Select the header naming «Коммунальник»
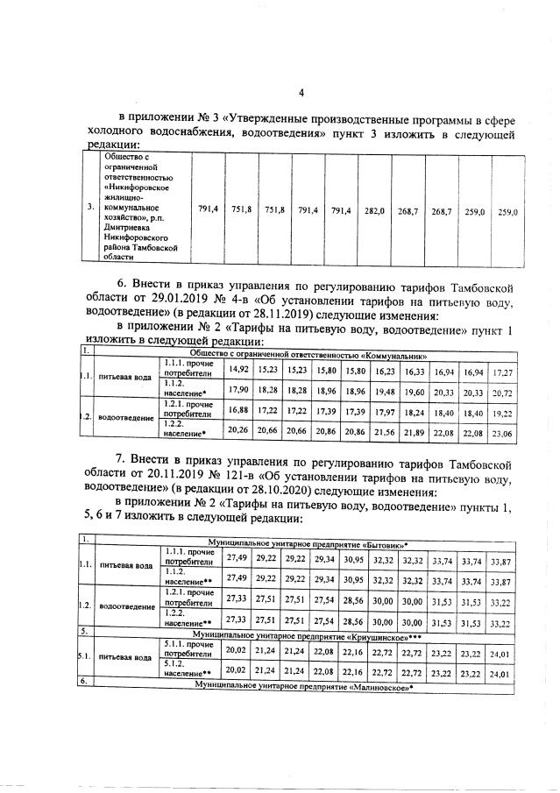click(x=308, y=356)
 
